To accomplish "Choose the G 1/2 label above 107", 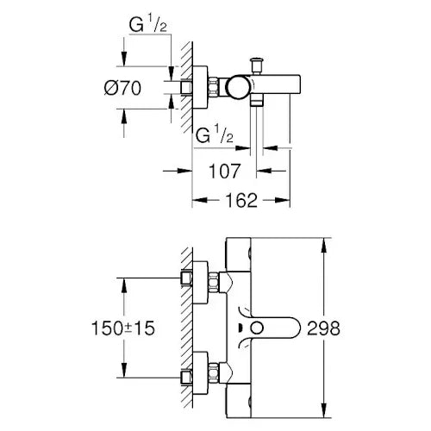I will [213, 135].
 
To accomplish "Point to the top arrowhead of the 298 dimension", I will [323, 243].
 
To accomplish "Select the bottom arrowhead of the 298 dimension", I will [323, 415].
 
